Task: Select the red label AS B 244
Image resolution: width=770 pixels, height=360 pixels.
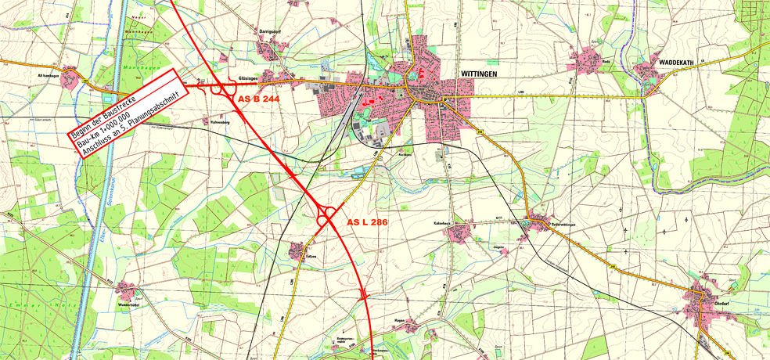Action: click(x=258, y=99)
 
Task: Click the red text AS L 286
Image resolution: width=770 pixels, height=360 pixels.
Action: click(x=367, y=223)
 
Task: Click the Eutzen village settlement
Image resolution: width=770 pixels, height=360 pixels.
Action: click(x=297, y=250)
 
